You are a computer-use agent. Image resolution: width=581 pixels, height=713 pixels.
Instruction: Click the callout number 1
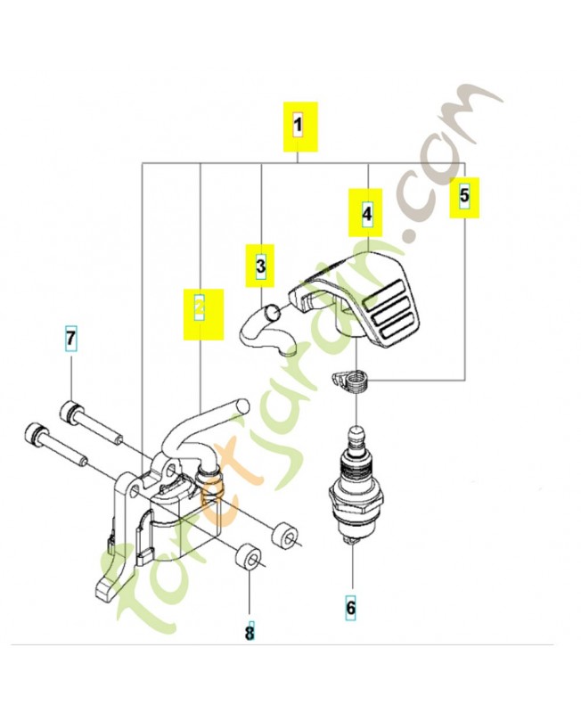pos(299,125)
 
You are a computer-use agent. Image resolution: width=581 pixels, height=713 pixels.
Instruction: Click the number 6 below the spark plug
pos(350,608)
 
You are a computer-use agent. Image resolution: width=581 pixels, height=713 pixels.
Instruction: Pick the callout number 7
pos(70,340)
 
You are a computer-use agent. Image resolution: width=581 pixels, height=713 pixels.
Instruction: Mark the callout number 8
pos(250,633)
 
